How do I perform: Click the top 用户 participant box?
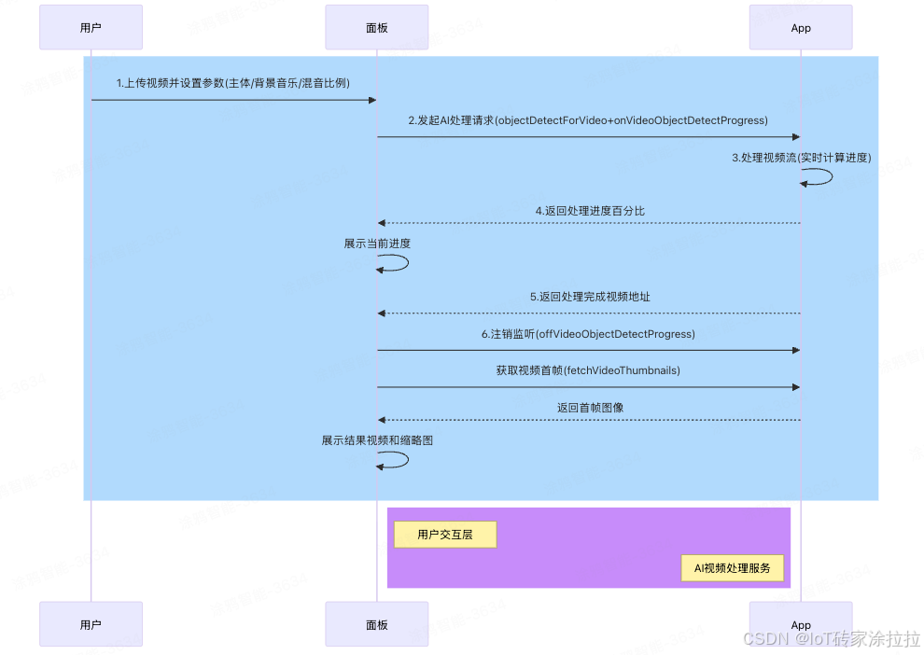coord(91,27)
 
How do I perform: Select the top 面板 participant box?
coord(376,27)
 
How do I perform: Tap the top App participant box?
coord(801,27)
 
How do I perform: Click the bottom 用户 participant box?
coord(91,624)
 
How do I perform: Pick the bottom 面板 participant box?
coord(376,624)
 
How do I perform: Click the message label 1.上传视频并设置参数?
coord(233,83)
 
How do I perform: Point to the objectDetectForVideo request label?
coord(588,120)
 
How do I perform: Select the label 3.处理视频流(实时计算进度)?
coord(801,158)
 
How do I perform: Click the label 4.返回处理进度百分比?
coord(590,211)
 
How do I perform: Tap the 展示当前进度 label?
coord(377,244)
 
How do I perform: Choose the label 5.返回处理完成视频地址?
coord(590,297)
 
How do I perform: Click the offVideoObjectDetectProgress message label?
coord(588,334)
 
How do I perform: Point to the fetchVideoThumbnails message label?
coord(588,370)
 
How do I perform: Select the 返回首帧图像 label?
coord(590,408)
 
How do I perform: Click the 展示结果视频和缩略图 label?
coord(377,440)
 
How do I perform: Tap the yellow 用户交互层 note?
coord(445,535)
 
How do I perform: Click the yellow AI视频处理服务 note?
coord(732,567)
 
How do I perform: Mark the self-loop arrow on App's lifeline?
coord(819,177)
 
